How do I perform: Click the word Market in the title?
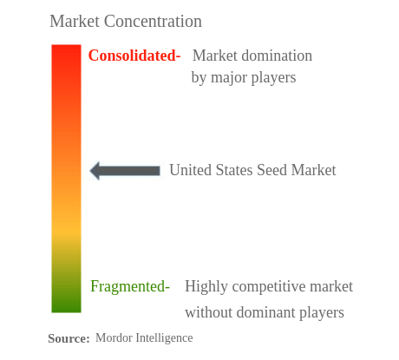point(75,21)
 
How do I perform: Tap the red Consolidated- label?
point(134,56)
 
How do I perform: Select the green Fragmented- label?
point(130,286)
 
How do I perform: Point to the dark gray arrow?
point(125,171)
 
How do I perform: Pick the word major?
point(232,78)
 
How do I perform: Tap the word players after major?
point(276,78)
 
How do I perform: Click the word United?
point(191,170)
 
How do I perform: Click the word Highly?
point(206,287)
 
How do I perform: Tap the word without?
point(207,312)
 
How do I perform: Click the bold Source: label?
point(69,339)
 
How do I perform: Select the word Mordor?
point(114,338)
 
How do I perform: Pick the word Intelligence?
point(165,338)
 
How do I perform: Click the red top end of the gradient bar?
point(66,52)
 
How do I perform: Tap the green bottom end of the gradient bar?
point(66,305)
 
